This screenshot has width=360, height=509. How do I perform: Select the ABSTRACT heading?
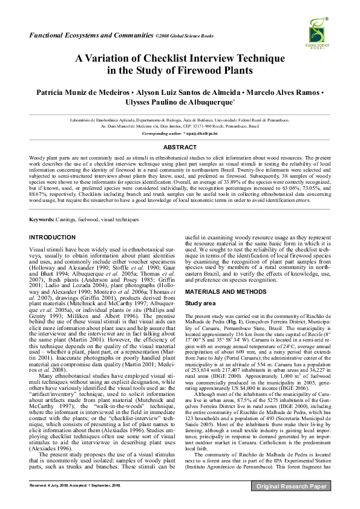click(180, 147)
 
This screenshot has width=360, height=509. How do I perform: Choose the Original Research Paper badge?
click(292, 502)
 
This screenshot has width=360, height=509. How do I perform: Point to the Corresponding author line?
click(180, 132)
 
